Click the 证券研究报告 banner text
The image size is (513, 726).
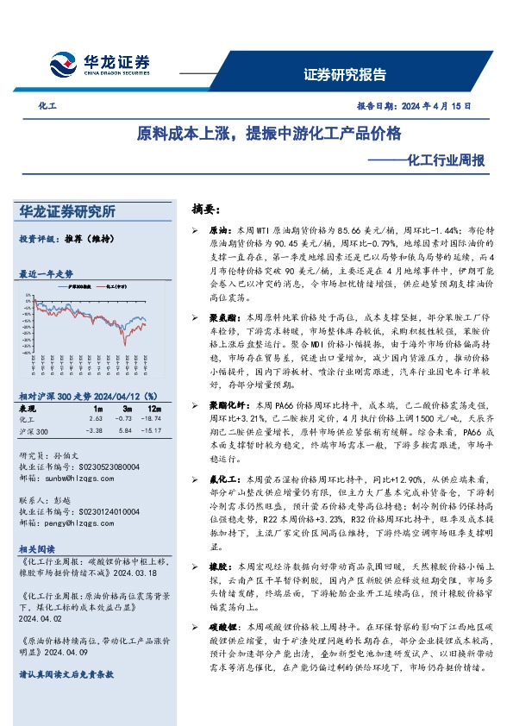(345, 74)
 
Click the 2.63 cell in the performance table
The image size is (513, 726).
(97, 417)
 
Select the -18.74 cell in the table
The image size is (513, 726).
(152, 417)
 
